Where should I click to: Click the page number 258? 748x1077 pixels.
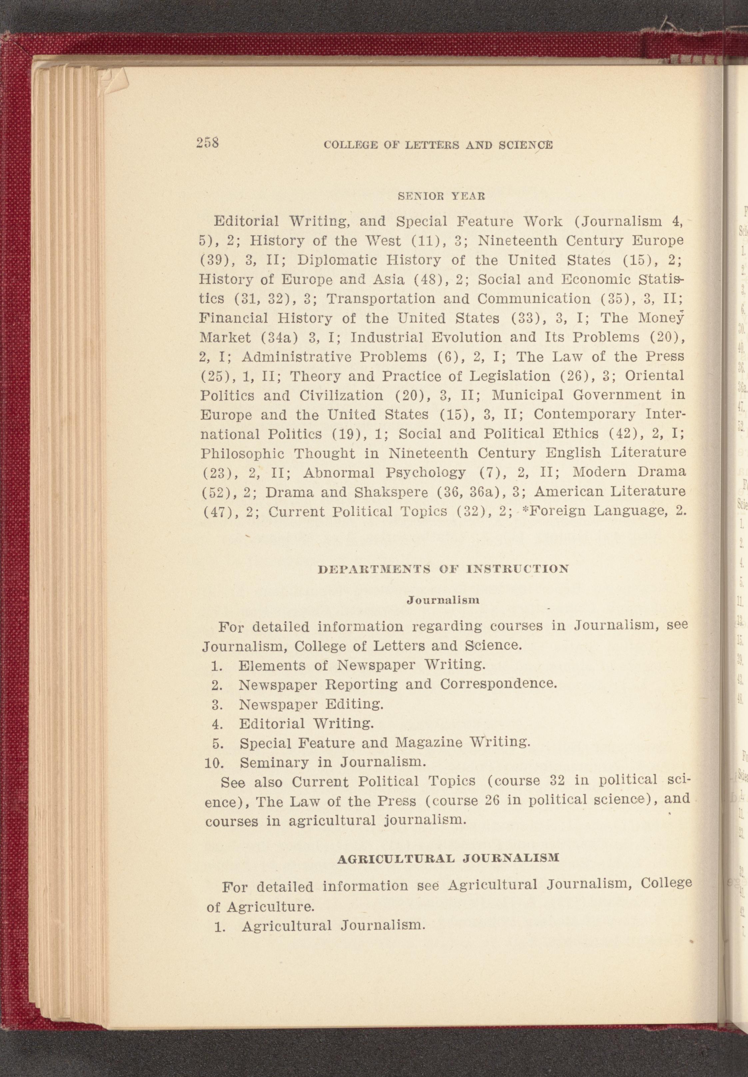pos(208,143)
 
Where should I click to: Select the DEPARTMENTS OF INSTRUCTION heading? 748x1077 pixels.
pos(443,569)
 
